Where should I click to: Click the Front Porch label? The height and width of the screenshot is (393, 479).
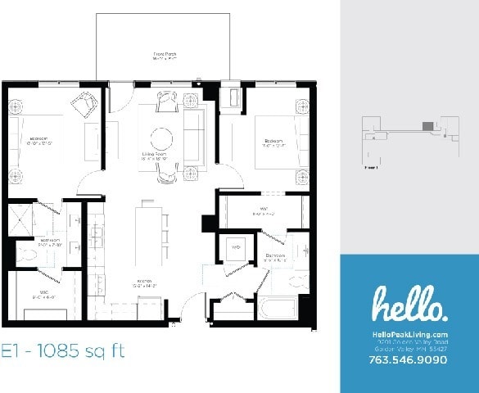166,56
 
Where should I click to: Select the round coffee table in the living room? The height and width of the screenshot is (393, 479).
161,136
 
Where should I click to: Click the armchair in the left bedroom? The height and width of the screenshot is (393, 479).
82,104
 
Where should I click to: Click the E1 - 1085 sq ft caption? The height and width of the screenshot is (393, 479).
63,353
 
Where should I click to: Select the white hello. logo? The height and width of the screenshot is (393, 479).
409,305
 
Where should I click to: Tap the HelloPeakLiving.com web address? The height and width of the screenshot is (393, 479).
409,334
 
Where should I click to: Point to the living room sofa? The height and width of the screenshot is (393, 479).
195,136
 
